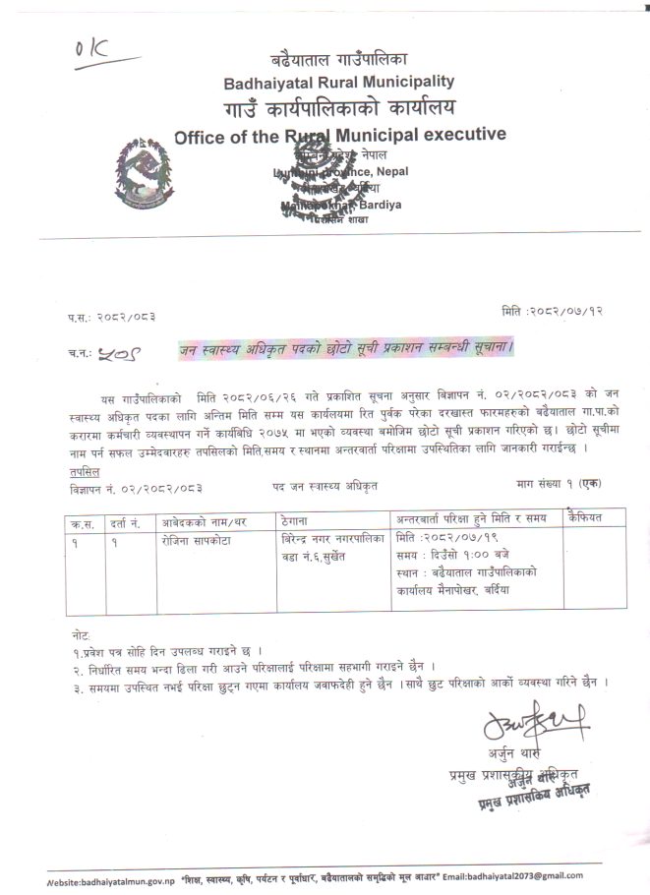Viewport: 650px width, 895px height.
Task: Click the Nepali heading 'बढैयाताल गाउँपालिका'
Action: click(339, 58)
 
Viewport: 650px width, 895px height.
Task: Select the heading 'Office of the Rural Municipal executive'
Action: click(339, 135)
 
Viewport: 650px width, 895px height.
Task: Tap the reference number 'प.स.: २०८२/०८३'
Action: click(111, 316)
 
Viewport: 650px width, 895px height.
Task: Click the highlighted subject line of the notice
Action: click(346, 347)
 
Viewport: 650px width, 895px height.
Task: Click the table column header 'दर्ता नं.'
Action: click(130, 519)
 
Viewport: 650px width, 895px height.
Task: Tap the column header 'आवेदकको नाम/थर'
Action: click(205, 519)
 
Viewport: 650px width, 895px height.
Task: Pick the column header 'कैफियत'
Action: click(590, 517)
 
